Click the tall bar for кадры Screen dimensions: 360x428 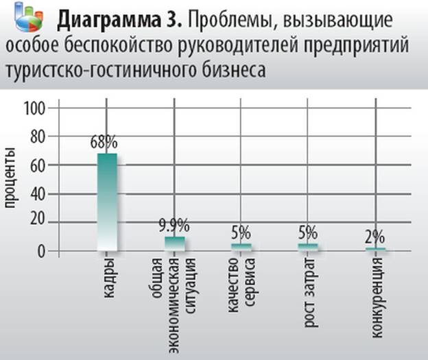point(107,202)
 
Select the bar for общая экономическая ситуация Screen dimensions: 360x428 point(174,243)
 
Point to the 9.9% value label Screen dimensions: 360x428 point(174,225)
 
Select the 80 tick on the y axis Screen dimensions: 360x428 point(37,136)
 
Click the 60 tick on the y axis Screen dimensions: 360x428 point(37,165)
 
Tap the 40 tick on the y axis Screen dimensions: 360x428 point(37,194)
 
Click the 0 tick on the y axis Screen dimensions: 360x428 point(41,250)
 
